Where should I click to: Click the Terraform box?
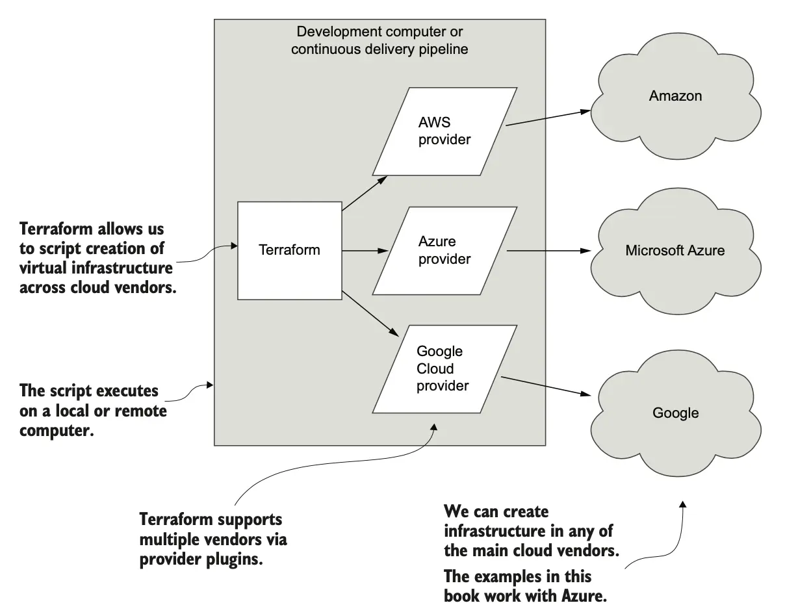click(x=289, y=250)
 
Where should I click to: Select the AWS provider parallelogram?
click(x=444, y=131)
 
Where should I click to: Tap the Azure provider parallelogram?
click(x=444, y=251)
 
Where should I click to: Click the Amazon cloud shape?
click(x=676, y=104)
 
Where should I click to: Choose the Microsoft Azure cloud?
click(x=675, y=250)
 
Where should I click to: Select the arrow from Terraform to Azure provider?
click(x=364, y=250)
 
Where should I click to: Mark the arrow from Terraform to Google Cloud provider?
click(x=370, y=313)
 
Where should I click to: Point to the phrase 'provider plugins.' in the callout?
click(x=201, y=559)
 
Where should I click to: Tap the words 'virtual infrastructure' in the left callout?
click(x=96, y=268)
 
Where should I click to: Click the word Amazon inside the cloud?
click(x=675, y=96)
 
